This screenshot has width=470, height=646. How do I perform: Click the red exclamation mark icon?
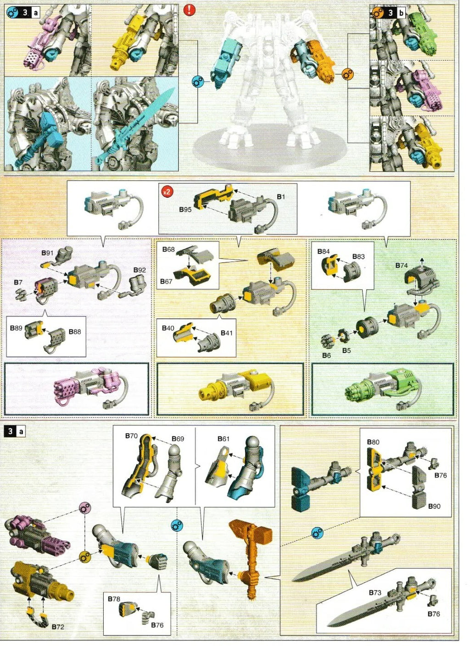pos(189,11)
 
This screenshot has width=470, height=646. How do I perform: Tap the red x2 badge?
pos(167,192)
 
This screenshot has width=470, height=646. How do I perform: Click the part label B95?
pos(185,210)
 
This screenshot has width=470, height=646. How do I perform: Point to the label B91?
pos(47,253)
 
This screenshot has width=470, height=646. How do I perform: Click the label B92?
pos(140,270)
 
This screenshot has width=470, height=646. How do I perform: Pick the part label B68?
pos(168,249)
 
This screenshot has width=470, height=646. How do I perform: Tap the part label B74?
pos(401,265)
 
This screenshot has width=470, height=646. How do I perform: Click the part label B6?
pos(326,356)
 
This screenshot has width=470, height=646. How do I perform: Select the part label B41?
pos(226,333)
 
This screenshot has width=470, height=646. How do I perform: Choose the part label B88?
pos(75,332)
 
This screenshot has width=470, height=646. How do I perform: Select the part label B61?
pos(223,439)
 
